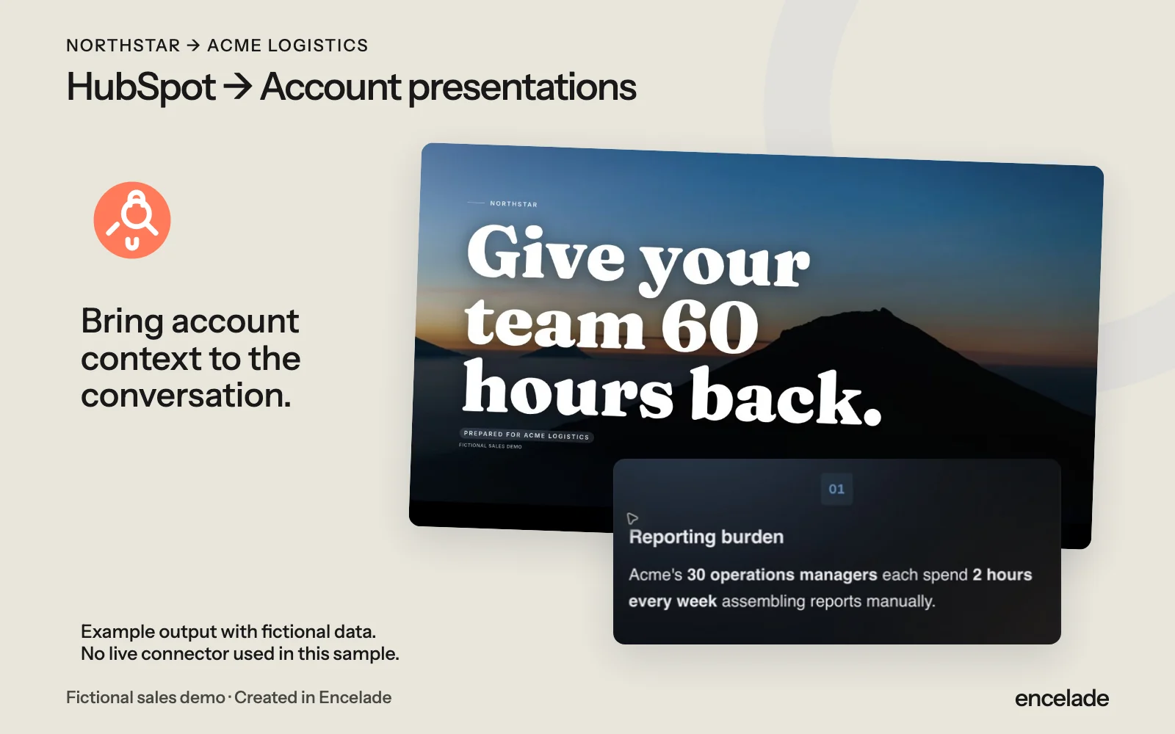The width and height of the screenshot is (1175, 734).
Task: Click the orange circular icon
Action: [x=132, y=220]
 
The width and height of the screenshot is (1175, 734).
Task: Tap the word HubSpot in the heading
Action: [x=140, y=87]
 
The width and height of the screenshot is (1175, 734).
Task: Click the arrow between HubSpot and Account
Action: [x=238, y=87]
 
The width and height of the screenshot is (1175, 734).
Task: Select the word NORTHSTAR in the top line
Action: [x=123, y=46]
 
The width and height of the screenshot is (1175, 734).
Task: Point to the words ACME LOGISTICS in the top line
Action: [x=287, y=46]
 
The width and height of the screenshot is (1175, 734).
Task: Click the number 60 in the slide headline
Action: [x=709, y=328]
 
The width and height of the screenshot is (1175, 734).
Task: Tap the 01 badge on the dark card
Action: [x=836, y=489]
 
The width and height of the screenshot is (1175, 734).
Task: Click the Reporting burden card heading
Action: [x=706, y=537]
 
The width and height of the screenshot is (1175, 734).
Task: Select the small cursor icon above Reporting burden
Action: [x=632, y=518]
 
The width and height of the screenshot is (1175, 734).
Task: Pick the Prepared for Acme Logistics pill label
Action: [x=526, y=435]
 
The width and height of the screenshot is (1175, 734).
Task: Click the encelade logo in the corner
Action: [x=1062, y=698]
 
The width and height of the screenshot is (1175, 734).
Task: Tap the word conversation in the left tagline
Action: [x=186, y=395]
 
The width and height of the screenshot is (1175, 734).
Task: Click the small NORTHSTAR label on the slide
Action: [x=513, y=204]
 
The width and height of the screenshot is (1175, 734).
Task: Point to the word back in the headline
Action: [x=785, y=398]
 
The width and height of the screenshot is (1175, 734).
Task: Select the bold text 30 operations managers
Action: [x=781, y=575]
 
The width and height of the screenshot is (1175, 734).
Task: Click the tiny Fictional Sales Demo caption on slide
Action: [x=491, y=446]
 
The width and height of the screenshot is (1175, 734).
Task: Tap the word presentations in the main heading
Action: [x=522, y=87]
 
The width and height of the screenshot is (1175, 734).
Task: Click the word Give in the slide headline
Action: [x=546, y=254]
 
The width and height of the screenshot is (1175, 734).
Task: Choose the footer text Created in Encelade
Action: [x=313, y=697]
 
